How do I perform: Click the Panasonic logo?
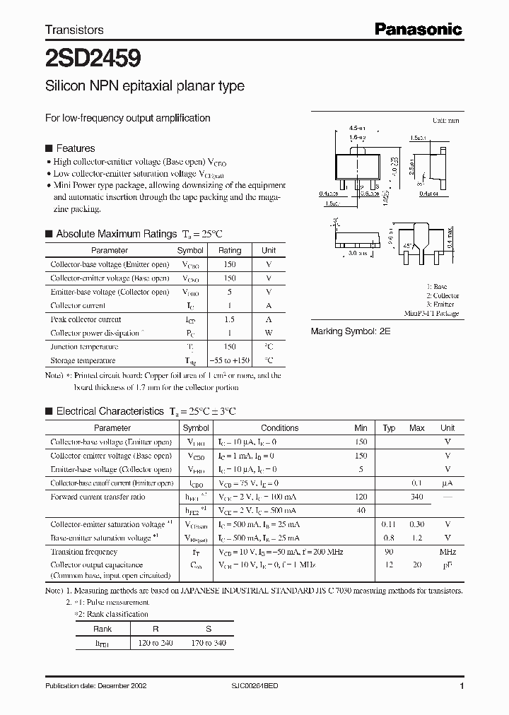[x=417, y=29]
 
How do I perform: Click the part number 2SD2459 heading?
[x=83, y=57]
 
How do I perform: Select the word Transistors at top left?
[x=74, y=30]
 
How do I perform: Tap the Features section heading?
[x=75, y=148]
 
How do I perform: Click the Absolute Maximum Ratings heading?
[x=116, y=234]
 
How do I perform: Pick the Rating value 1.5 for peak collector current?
[x=230, y=319]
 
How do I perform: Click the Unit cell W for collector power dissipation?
[x=269, y=333]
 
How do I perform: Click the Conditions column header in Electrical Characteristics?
[x=280, y=428]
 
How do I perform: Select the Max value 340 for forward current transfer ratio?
[x=417, y=497]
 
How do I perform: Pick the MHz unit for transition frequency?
[x=447, y=552]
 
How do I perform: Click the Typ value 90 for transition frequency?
[x=389, y=552]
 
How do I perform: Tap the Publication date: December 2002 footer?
[x=95, y=686]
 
